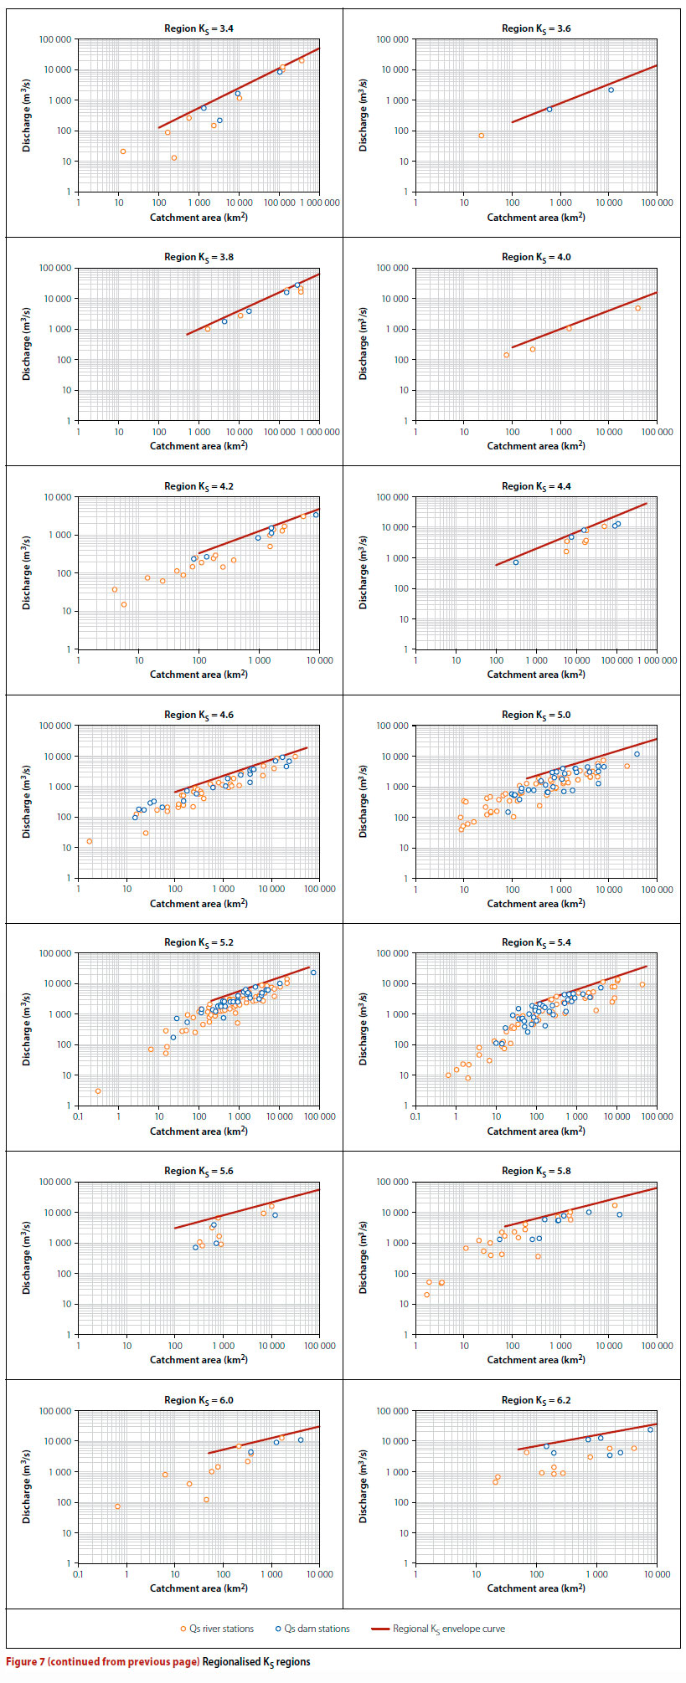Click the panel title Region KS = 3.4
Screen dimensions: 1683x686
tap(199, 28)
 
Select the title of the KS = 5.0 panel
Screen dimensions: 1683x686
tap(536, 715)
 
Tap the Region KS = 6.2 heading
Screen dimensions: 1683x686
tap(536, 1400)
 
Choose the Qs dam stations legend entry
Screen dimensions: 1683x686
tap(312, 1629)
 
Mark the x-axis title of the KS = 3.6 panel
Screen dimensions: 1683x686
tap(536, 218)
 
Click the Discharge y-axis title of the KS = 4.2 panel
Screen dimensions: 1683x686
tap(27, 573)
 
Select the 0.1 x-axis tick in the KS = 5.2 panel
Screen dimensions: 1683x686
tap(79, 1116)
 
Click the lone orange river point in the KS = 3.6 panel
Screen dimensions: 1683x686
tap(482, 136)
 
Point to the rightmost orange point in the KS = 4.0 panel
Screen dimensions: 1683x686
tap(637, 309)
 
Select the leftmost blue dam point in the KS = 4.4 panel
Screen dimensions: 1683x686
tap(516, 562)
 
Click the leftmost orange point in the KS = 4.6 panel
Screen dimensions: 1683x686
tap(90, 841)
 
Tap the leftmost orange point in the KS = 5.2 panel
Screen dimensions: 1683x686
tap(98, 1090)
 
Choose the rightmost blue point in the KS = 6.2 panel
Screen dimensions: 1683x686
tap(650, 1429)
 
